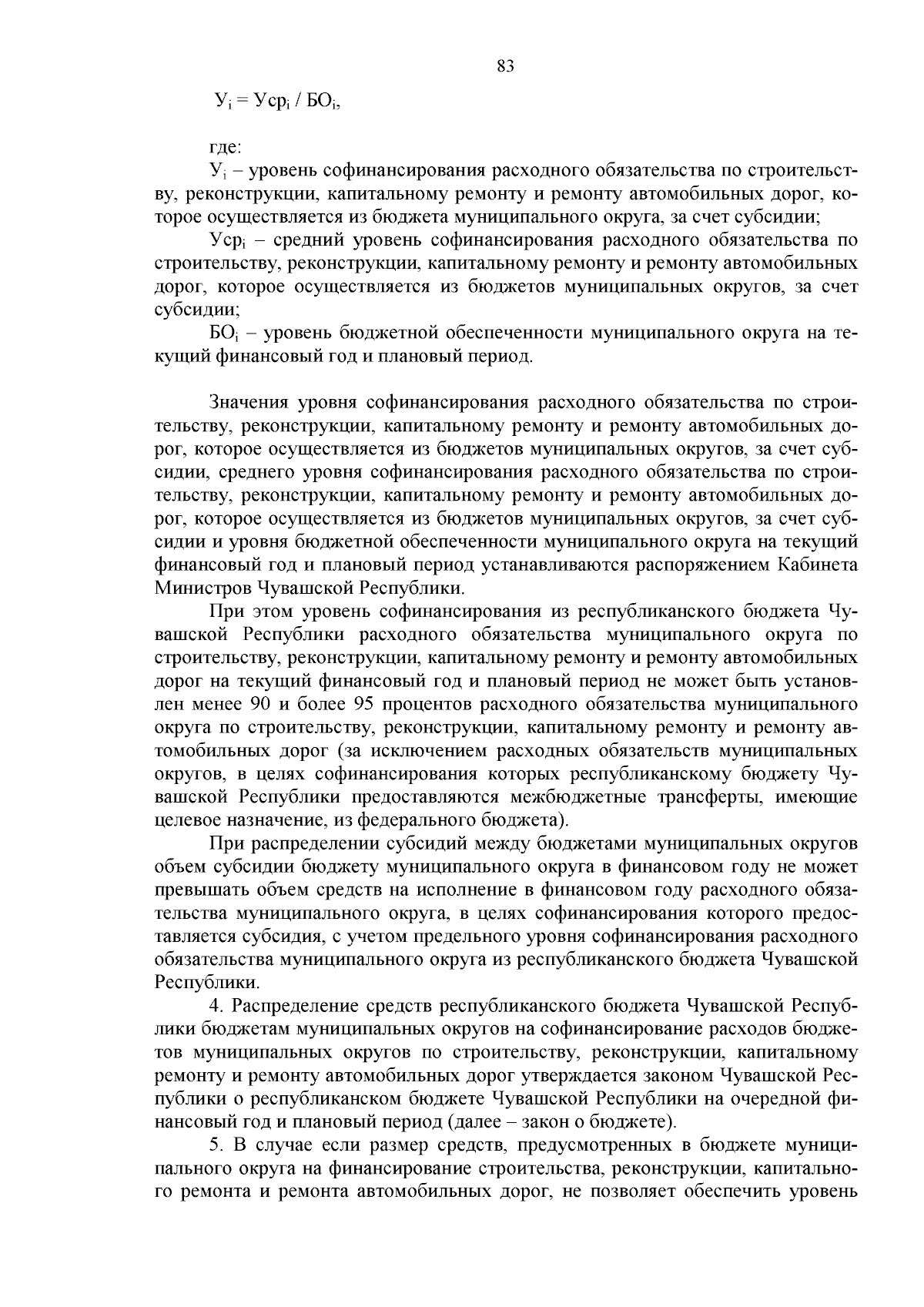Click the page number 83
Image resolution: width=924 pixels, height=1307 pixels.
[505, 66]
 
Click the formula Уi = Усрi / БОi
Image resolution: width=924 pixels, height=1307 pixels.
[276, 101]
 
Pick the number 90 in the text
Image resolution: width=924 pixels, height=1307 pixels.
[256, 704]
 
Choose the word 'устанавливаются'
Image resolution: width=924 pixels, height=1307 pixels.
[554, 565]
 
